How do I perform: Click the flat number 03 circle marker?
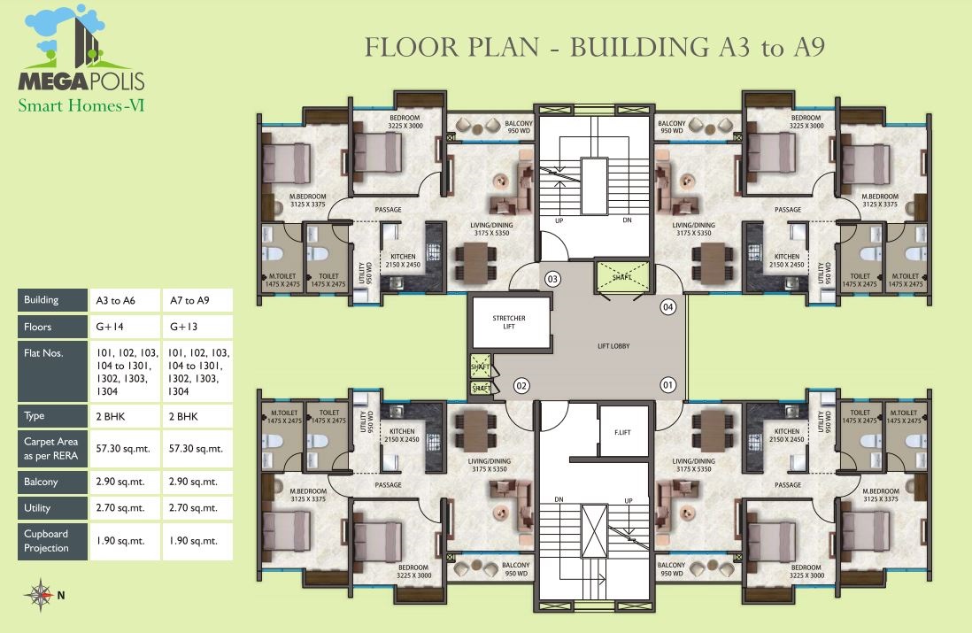552,279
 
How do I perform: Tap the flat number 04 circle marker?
667,307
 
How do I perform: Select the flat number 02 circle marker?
521,385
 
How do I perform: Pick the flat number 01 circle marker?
667,385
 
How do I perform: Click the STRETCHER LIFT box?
509,322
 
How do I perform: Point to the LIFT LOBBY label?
613,345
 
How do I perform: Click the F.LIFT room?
623,432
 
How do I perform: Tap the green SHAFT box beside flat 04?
622,276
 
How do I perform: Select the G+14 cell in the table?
125,327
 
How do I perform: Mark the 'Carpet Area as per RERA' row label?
53,448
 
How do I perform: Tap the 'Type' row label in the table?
53,415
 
